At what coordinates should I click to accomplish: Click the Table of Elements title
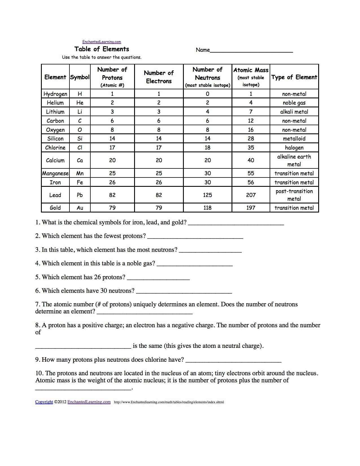point(102,49)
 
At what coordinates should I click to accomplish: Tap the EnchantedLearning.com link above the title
point(102,42)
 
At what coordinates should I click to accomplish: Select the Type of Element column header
point(294,77)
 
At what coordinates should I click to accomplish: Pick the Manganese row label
point(55,174)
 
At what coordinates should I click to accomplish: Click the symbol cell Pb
point(80,195)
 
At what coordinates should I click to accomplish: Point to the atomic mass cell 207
point(251,195)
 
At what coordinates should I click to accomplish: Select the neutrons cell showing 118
point(208,208)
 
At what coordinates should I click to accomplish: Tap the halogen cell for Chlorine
point(294,148)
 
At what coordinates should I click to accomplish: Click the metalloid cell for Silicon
point(294,138)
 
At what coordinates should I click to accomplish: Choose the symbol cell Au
point(80,208)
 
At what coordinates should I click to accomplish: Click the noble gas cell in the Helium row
point(294,103)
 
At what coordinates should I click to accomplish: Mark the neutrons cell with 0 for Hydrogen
point(208,94)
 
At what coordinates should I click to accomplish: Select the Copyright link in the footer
point(44,402)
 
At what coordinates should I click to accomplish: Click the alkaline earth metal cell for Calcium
point(294,160)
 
